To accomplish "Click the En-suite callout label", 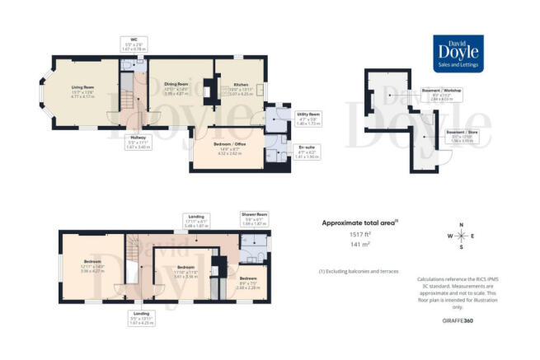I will (306, 152).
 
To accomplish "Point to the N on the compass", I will (462, 225).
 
